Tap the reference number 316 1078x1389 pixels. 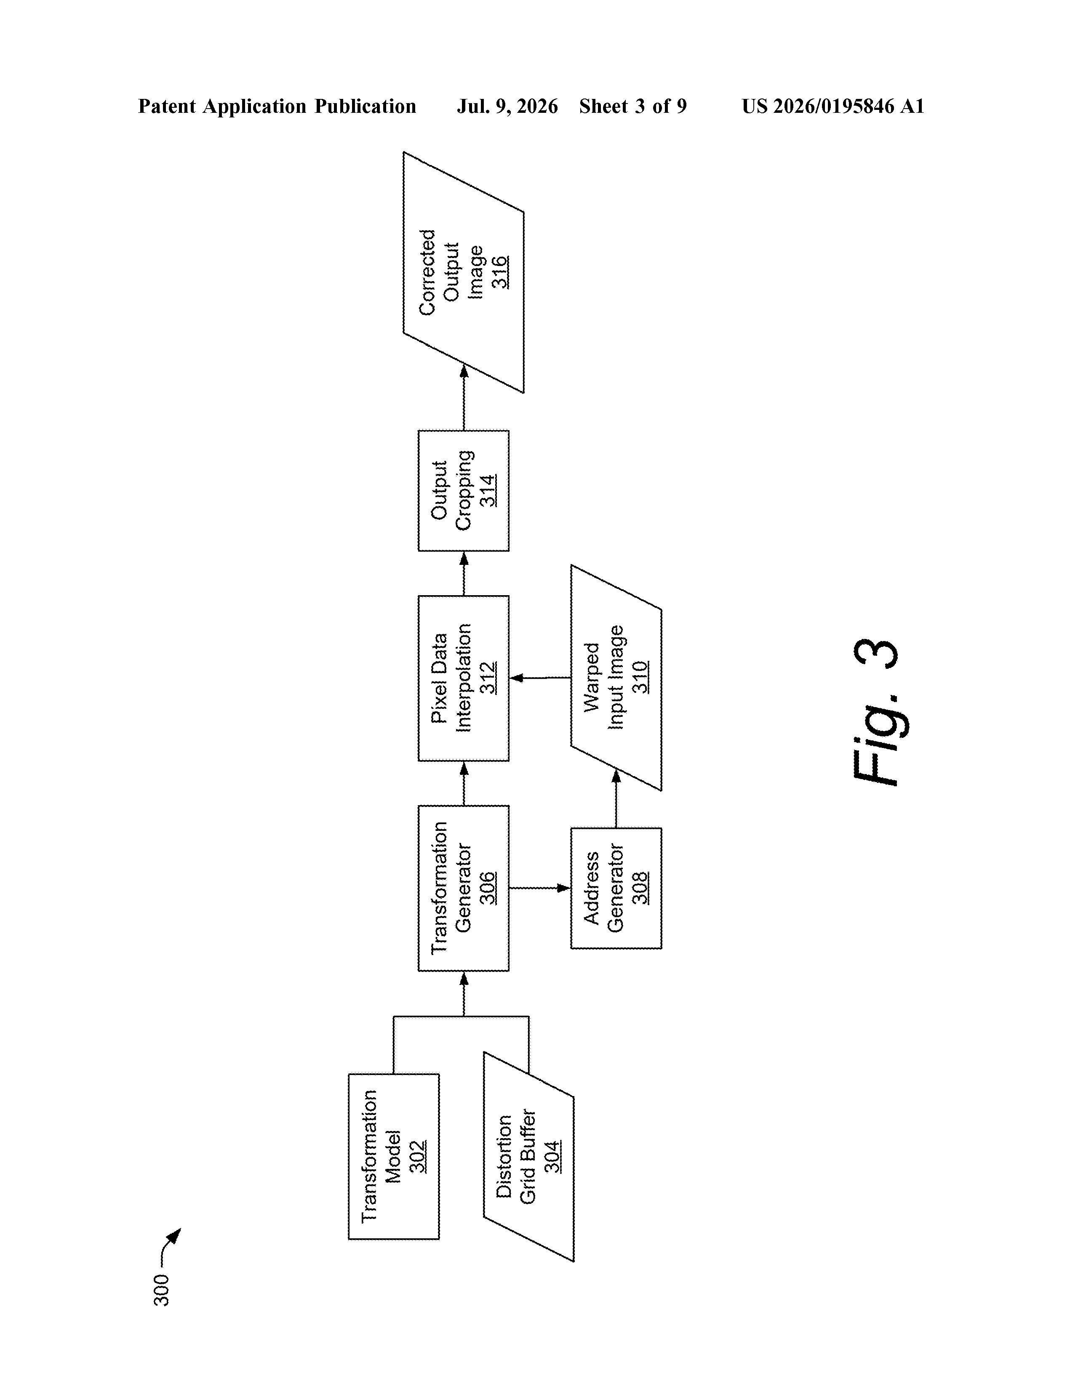(500, 272)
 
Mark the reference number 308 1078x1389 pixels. (640, 888)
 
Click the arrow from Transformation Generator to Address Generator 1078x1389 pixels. (540, 888)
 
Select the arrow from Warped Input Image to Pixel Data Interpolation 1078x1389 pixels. (540, 678)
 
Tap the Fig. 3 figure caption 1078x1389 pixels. (876, 712)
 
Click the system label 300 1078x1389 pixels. (162, 1290)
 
